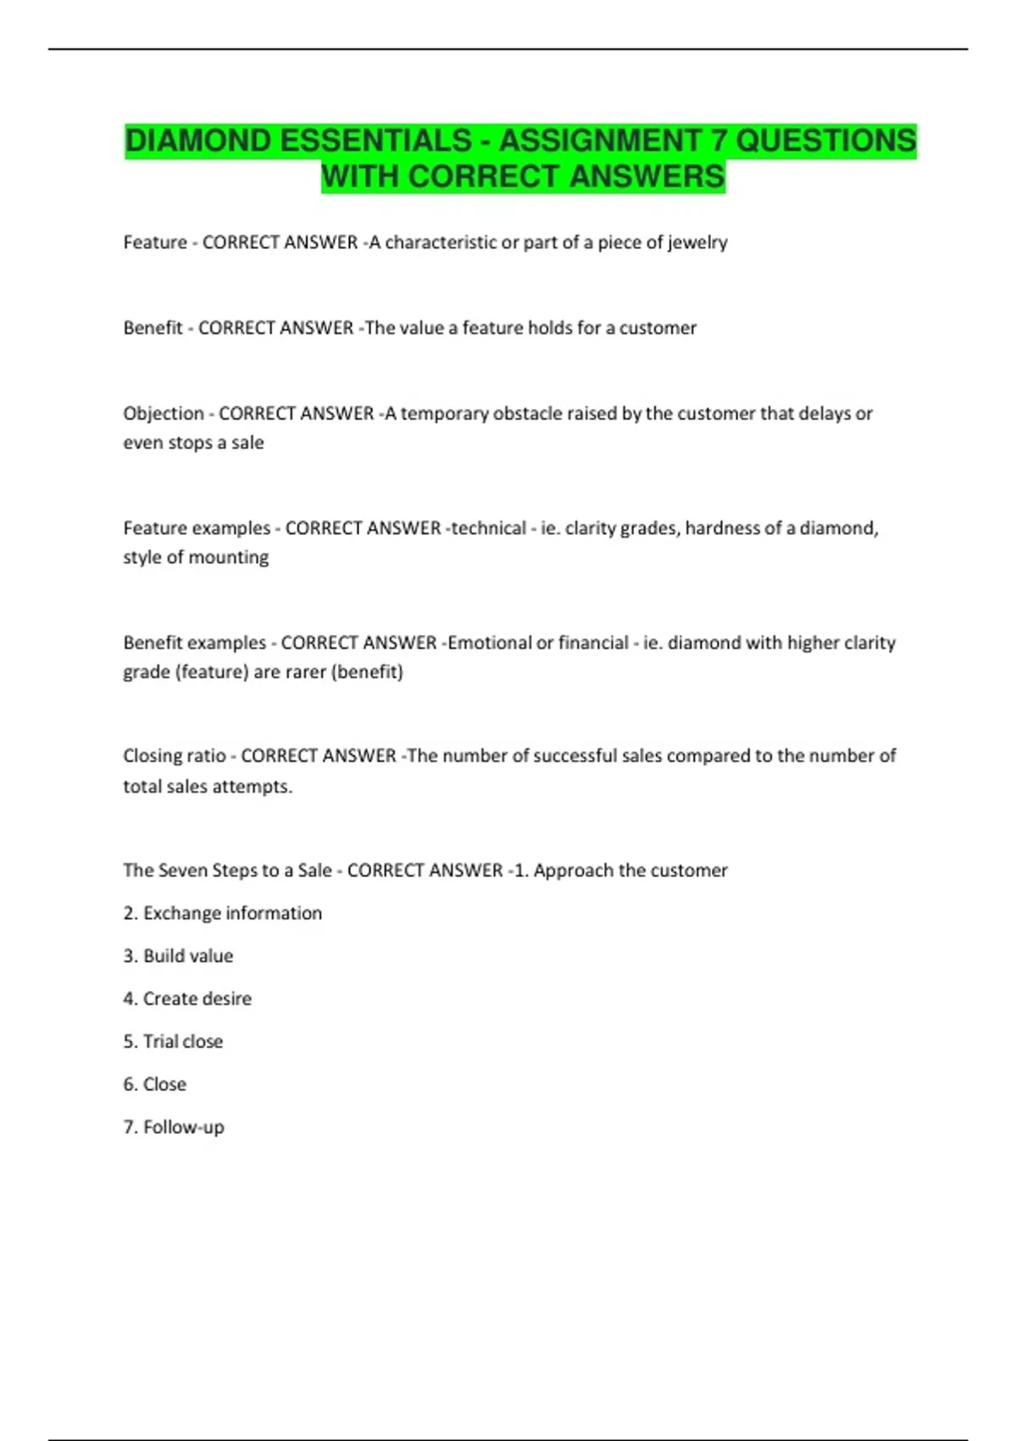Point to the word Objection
tap(164, 414)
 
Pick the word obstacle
tap(527, 414)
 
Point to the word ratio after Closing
tap(207, 755)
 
